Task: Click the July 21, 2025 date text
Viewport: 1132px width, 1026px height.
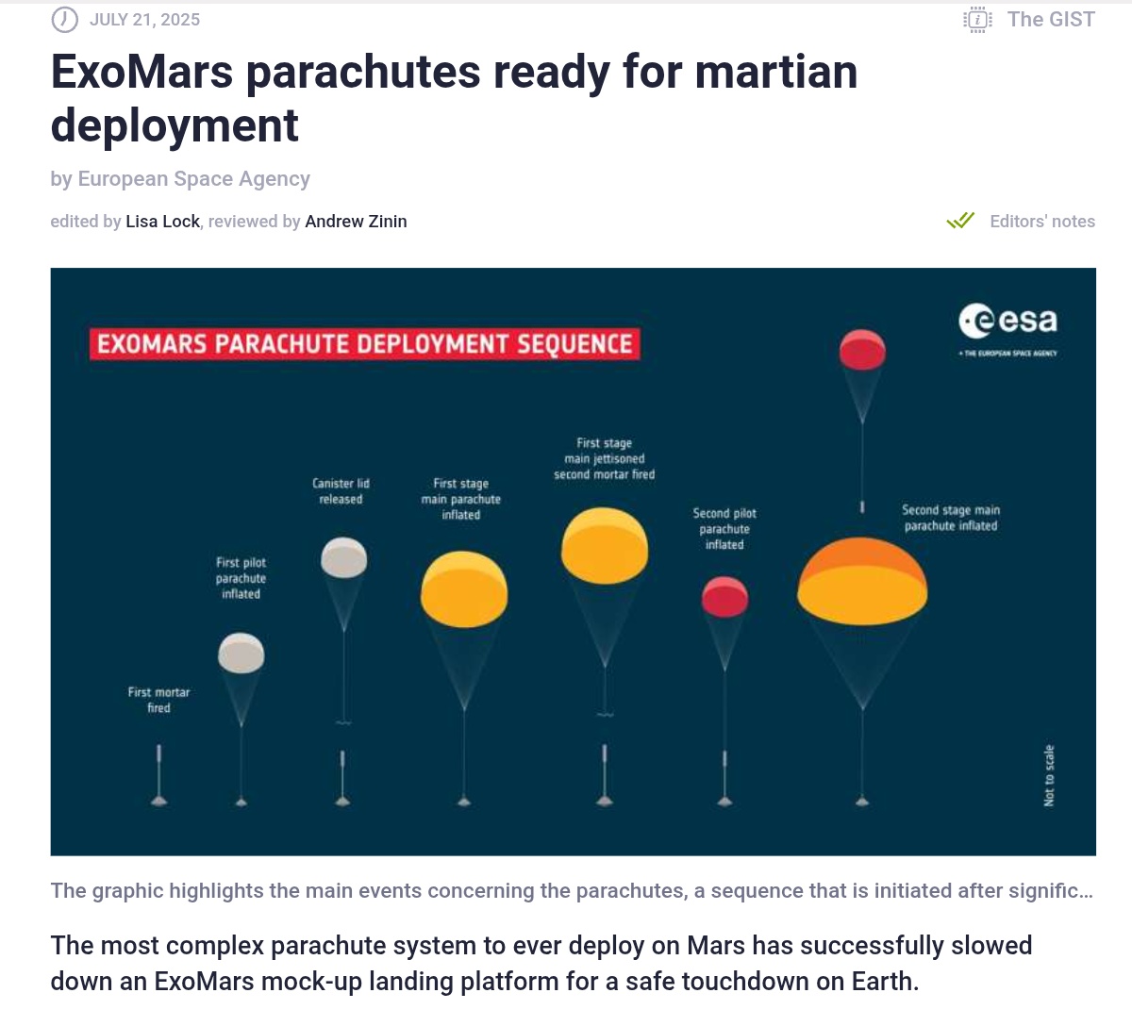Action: coord(144,20)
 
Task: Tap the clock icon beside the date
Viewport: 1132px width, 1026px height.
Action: coord(64,20)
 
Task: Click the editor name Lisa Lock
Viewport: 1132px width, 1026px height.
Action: coord(162,222)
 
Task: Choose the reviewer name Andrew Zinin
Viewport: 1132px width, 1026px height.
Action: coord(356,222)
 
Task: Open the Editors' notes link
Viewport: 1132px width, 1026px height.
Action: coord(1042,222)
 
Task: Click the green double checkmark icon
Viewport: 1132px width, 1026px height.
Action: coord(960,220)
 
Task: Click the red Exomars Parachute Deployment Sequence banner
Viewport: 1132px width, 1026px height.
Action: coord(364,343)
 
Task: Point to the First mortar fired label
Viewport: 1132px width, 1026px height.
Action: coord(158,700)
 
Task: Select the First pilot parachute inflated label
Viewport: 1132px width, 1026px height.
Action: coord(241,578)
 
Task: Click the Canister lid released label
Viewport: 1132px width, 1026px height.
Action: coord(341,491)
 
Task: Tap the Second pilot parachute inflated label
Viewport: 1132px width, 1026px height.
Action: coord(724,529)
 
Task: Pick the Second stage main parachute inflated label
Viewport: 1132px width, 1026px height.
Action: coord(951,518)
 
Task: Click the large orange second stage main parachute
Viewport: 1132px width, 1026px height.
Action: coord(862,581)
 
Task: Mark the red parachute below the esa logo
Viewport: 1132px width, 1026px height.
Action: coord(862,350)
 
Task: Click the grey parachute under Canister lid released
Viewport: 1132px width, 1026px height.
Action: coord(343,557)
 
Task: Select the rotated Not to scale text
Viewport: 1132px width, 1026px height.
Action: coord(1049,775)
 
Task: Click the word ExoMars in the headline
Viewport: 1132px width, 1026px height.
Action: coord(141,73)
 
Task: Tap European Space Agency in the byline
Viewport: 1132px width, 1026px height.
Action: coord(193,179)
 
